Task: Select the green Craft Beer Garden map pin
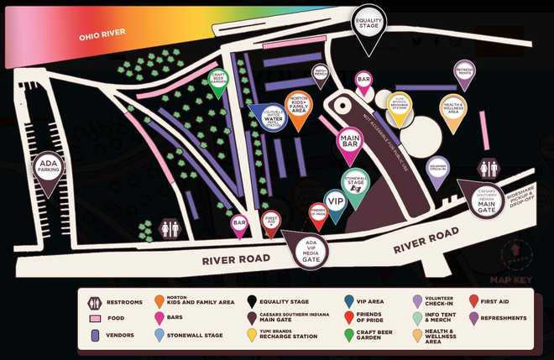coord(218,81)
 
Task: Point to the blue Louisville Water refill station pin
coord(270,120)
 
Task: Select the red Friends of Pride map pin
coord(317,214)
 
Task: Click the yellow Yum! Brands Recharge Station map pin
coord(399,104)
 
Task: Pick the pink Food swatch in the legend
coord(96,319)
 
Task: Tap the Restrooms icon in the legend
coord(96,302)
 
